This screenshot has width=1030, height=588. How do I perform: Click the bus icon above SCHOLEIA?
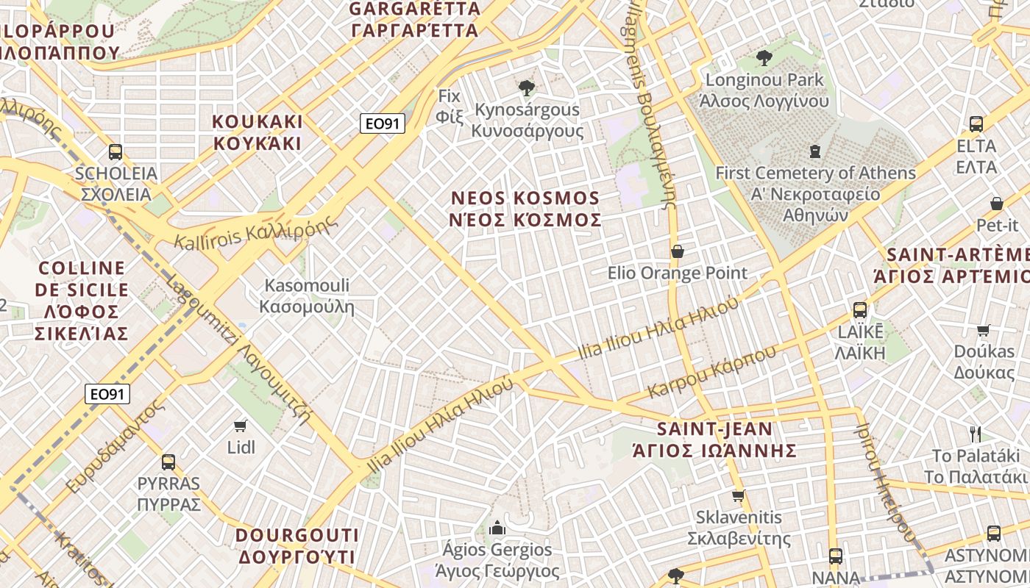(x=116, y=152)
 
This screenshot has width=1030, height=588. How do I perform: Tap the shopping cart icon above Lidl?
(x=240, y=426)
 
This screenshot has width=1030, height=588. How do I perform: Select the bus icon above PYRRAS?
(x=168, y=462)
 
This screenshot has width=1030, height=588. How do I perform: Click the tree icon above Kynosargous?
(x=526, y=88)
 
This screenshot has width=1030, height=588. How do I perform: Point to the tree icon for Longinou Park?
(x=764, y=57)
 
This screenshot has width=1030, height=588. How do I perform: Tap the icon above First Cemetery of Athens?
(x=814, y=151)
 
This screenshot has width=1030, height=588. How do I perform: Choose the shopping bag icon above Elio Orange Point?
(x=678, y=251)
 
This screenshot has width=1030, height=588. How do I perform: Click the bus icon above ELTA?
(x=976, y=124)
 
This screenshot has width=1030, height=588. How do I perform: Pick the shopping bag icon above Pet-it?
(x=997, y=203)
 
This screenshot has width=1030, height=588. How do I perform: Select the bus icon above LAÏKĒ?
(x=859, y=310)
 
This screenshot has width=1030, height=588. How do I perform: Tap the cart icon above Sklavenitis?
(x=739, y=496)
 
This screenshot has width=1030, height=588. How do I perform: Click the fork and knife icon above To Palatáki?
(x=976, y=434)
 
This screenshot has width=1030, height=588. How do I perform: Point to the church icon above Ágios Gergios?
(x=497, y=528)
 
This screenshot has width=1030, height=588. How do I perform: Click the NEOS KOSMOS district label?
(x=525, y=209)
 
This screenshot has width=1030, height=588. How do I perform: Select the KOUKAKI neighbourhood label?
(x=257, y=132)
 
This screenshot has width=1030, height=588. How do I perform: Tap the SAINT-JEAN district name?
(x=715, y=440)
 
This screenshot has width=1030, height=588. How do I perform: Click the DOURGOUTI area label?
(x=297, y=545)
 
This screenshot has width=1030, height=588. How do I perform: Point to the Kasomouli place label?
(x=308, y=296)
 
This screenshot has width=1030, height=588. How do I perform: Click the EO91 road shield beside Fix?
(x=383, y=123)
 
